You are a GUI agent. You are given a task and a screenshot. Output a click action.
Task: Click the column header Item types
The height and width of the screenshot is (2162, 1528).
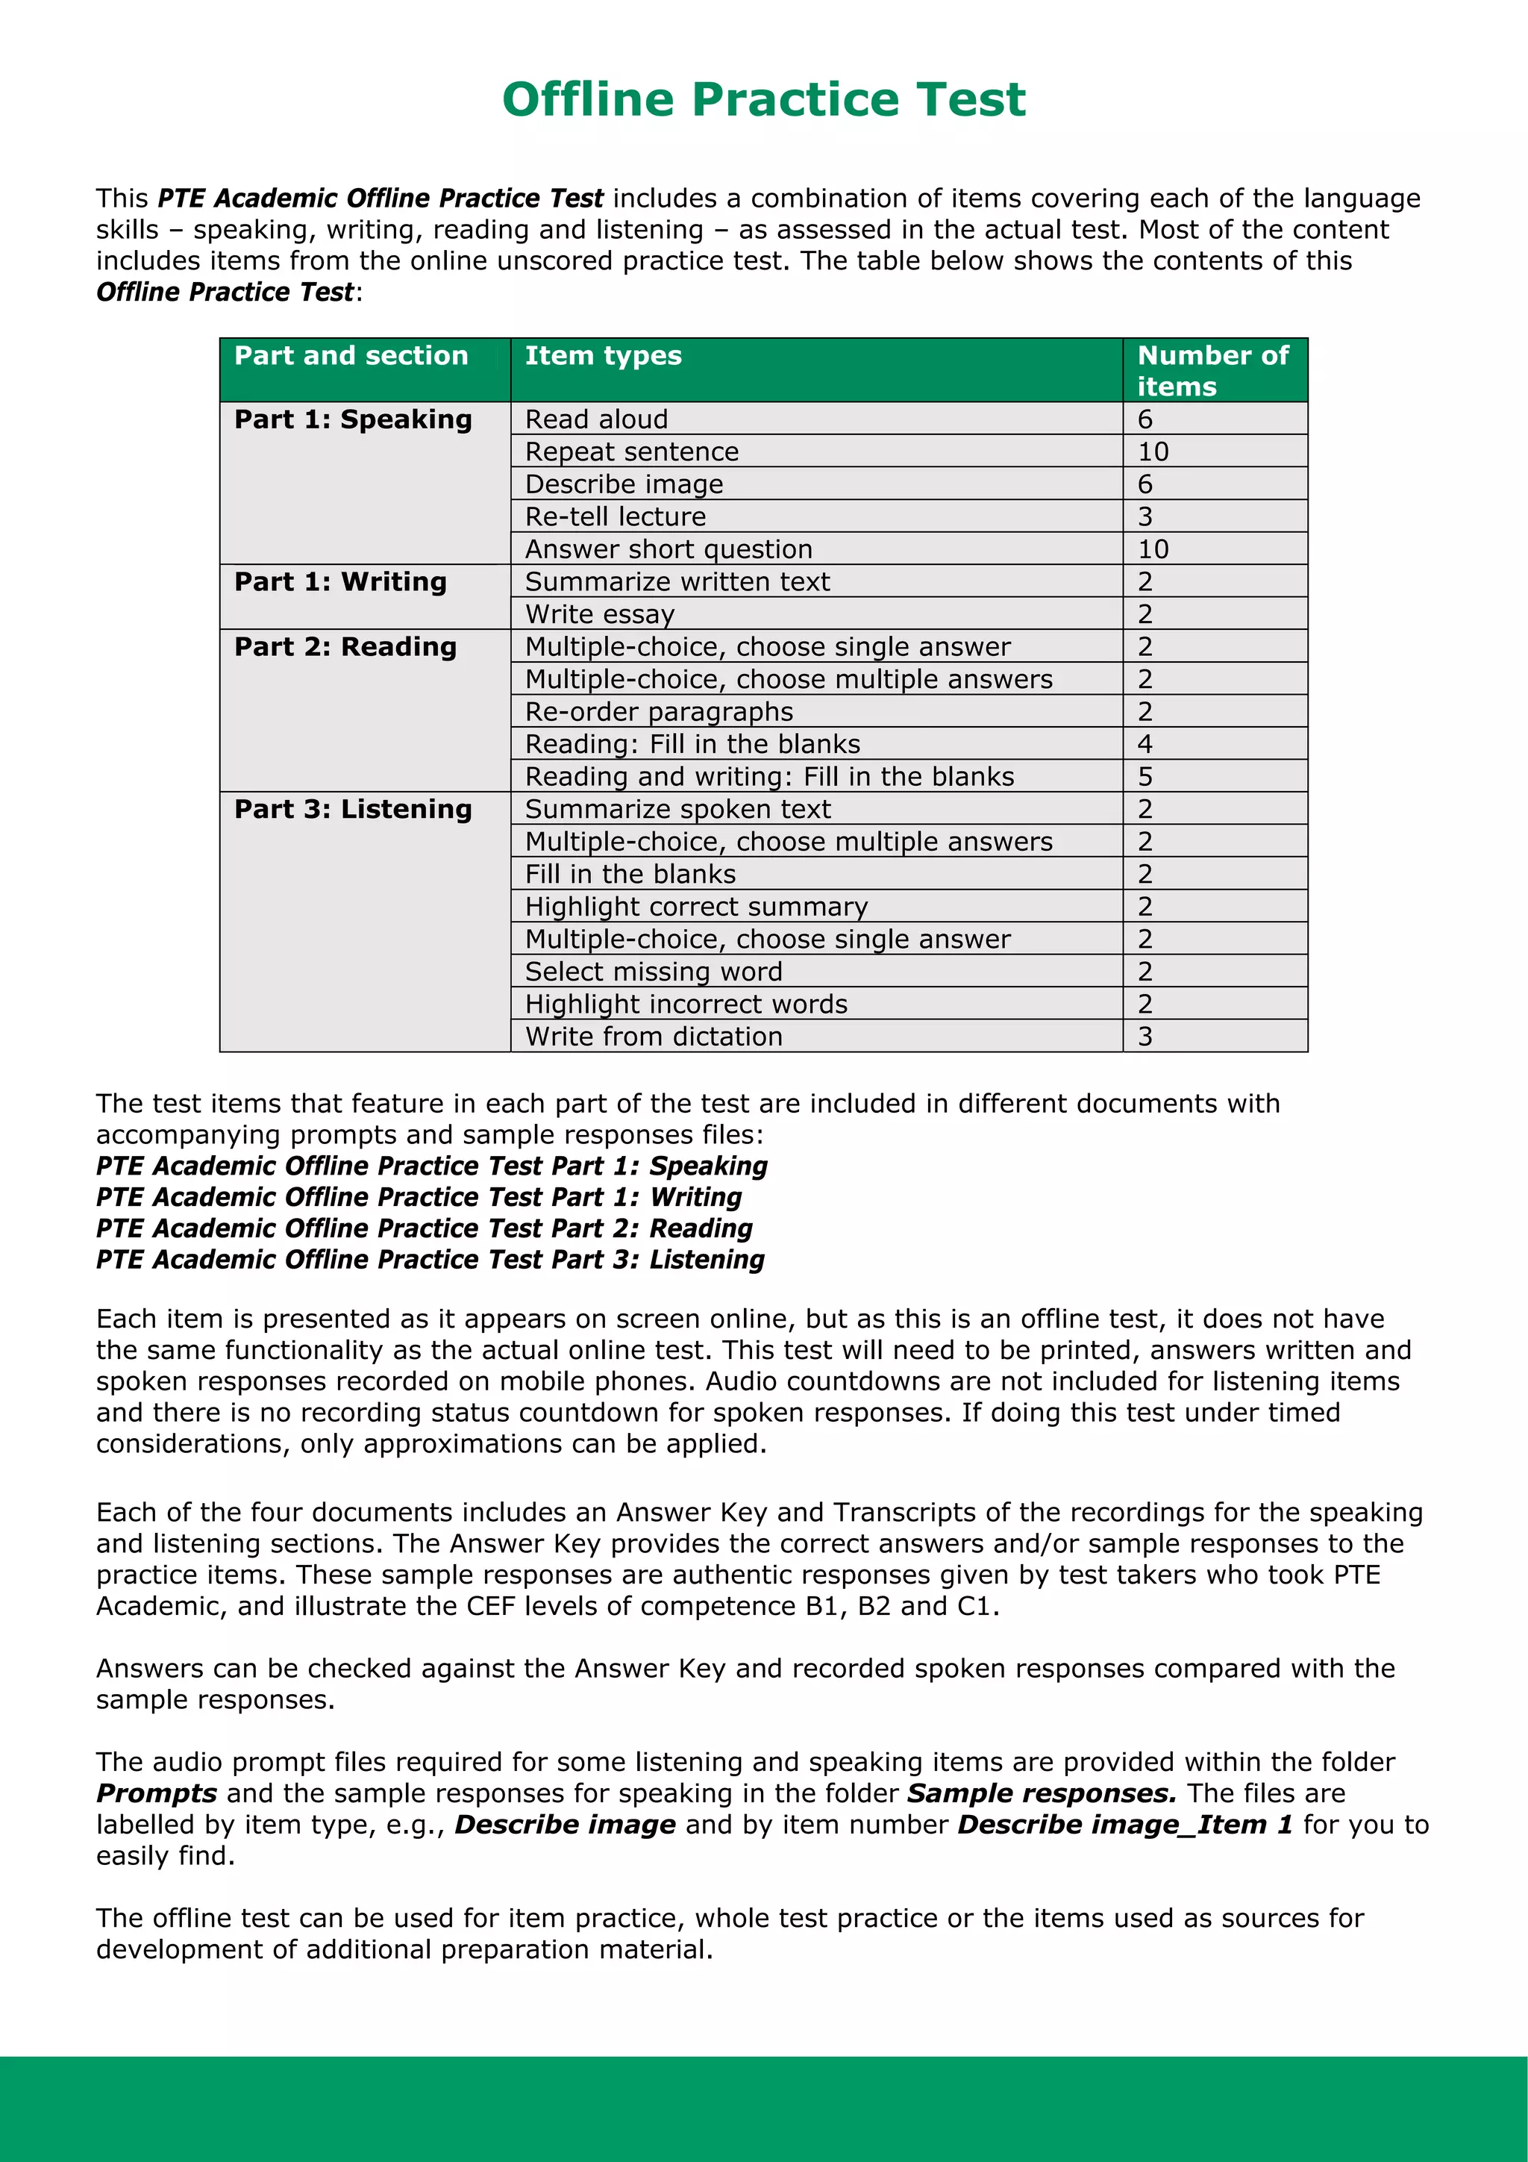[x=603, y=356]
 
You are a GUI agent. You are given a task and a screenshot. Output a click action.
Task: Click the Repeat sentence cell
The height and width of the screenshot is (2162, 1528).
[x=632, y=452]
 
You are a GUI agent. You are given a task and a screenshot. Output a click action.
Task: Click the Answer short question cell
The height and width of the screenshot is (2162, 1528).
[x=668, y=549]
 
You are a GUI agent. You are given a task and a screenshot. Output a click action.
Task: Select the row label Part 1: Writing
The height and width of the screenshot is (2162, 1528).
[x=340, y=582]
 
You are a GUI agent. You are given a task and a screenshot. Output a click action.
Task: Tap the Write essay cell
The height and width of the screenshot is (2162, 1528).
[x=600, y=614]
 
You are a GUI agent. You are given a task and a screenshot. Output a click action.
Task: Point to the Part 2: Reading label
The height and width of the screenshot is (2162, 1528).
[x=345, y=647]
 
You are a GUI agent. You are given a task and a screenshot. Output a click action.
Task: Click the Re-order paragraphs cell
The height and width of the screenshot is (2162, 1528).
[x=659, y=712]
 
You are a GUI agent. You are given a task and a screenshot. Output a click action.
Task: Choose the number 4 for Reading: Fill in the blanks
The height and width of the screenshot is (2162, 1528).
[x=1145, y=744]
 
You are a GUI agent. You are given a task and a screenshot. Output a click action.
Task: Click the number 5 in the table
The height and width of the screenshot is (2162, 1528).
[x=1145, y=777]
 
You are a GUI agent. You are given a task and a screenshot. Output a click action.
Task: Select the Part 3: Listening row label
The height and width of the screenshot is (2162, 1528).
[x=353, y=809]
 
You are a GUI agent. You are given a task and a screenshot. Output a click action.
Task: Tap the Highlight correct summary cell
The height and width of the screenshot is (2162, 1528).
[x=696, y=907]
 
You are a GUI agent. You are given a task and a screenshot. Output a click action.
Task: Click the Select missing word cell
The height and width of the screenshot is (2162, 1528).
[x=654, y=972]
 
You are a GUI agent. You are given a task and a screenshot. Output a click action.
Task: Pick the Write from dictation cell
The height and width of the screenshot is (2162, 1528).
[x=654, y=1037]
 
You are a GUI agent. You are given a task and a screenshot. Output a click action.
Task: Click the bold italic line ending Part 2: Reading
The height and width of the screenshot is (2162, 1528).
[x=424, y=1229]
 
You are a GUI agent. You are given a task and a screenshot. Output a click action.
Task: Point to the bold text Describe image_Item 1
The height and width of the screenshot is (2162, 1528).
[x=1125, y=1825]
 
